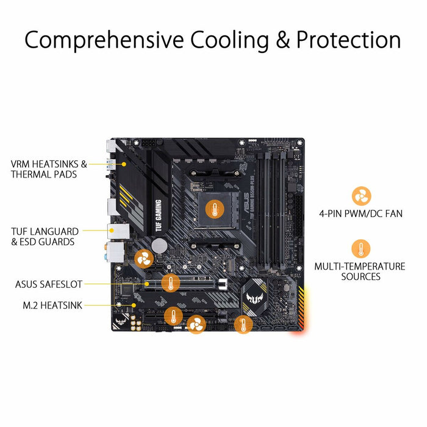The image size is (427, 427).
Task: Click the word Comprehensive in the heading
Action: (104, 40)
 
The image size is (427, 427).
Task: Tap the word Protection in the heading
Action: (348, 40)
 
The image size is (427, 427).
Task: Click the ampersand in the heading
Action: (279, 40)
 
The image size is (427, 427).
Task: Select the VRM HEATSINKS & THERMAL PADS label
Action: (49, 169)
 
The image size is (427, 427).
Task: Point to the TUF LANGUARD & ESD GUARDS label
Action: (45, 237)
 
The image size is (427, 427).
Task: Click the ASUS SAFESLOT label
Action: (49, 284)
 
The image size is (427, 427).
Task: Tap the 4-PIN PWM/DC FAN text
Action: (361, 213)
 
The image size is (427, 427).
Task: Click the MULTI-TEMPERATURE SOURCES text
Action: (359, 271)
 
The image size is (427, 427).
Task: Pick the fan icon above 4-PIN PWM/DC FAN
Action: (361, 196)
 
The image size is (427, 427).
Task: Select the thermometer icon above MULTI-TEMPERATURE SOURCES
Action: (361, 249)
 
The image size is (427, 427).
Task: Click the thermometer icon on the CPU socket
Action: (213, 209)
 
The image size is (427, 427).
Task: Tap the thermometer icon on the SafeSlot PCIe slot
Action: (171, 282)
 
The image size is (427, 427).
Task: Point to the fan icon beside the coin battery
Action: (144, 258)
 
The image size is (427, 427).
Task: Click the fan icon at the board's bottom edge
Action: (196, 325)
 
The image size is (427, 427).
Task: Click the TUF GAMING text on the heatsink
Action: (158, 214)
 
